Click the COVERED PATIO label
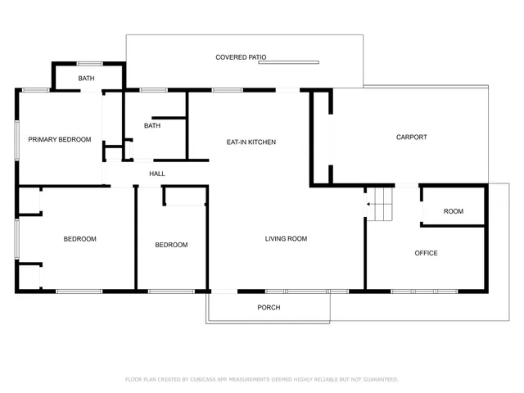pyautogui.click(x=241, y=57)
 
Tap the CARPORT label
pyautogui.click(x=411, y=138)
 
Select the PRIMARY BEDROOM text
pyautogui.click(x=59, y=140)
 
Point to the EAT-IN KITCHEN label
pyautogui.click(x=251, y=142)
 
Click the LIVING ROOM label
pyautogui.click(x=286, y=239)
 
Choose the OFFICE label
pyautogui.click(x=426, y=253)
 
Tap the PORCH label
pyautogui.click(x=269, y=308)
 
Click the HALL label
pyautogui.click(x=157, y=174)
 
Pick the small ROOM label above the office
pyautogui.click(x=453, y=211)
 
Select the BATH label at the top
pyautogui.click(x=87, y=79)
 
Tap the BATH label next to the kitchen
pyautogui.click(x=152, y=126)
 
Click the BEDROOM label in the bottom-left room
pyautogui.click(x=80, y=239)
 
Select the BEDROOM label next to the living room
pyautogui.click(x=171, y=245)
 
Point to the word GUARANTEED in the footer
pyautogui.click(x=377, y=380)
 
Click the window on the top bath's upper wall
pyautogui.click(x=89, y=63)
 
